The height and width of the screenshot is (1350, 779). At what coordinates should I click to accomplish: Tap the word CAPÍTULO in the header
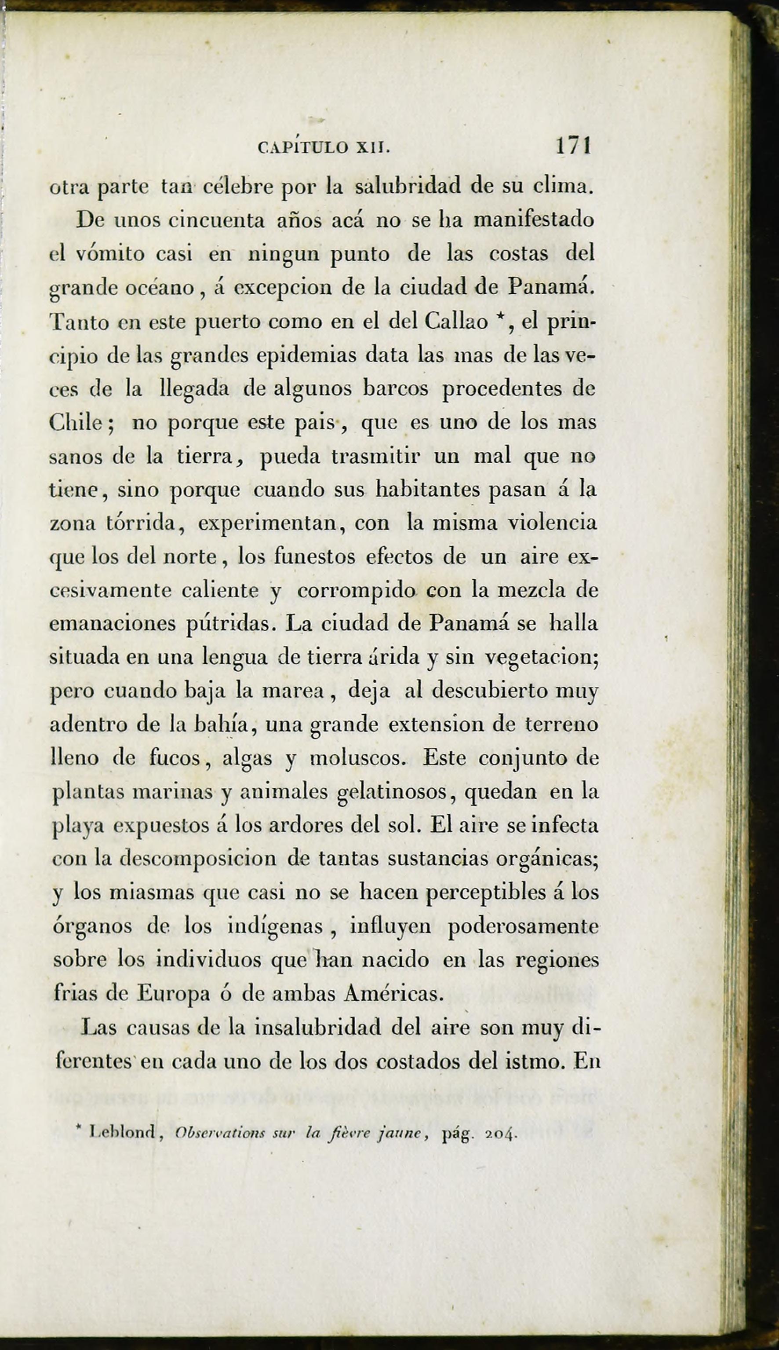[303, 146]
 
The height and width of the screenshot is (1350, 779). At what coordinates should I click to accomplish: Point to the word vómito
[107, 254]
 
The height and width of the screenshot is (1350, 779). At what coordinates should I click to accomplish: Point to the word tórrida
[140, 523]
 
